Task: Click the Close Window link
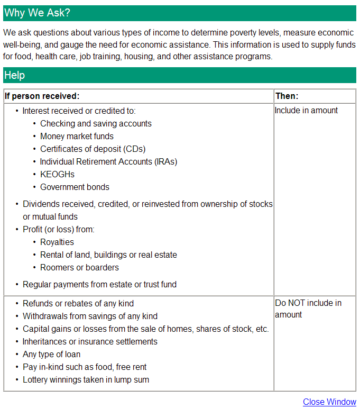click(x=329, y=402)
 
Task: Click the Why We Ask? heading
click(x=37, y=13)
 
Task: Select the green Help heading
click(x=15, y=75)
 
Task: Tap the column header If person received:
click(x=42, y=96)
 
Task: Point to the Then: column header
click(x=287, y=96)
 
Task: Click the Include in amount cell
click(x=306, y=111)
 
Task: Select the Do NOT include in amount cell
click(x=308, y=309)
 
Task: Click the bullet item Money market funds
click(x=77, y=137)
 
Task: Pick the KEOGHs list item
click(x=57, y=175)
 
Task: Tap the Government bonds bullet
click(x=75, y=187)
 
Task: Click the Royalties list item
click(x=57, y=242)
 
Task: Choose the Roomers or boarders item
click(x=79, y=268)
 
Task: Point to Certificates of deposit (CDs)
click(x=93, y=149)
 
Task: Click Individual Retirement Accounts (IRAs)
click(x=108, y=162)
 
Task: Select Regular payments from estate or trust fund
click(x=99, y=285)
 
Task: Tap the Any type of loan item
click(x=51, y=355)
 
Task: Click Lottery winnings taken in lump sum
click(x=86, y=380)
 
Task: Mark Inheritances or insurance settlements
click(x=90, y=342)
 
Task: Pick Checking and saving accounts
click(x=96, y=124)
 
